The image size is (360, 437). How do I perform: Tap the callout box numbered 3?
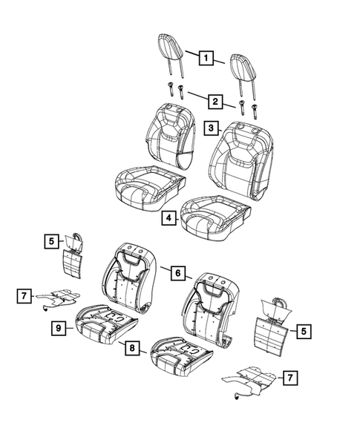coord(211,128)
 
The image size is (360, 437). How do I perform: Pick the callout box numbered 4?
coord(170,218)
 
